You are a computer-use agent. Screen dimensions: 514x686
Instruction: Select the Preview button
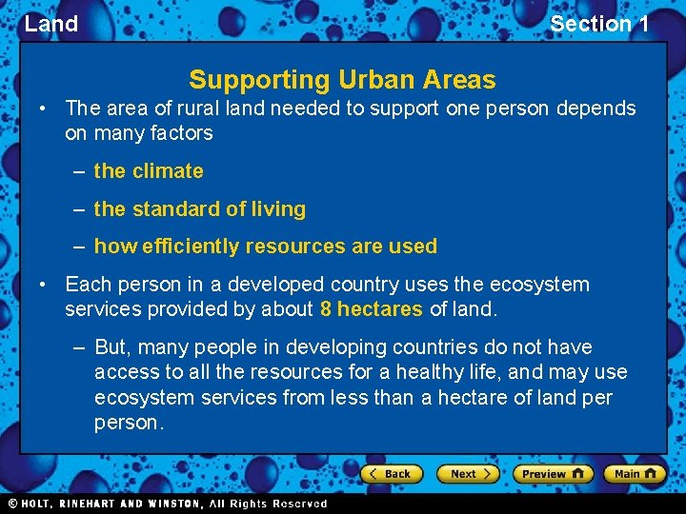[x=552, y=473]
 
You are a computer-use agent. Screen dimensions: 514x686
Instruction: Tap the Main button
[x=635, y=473]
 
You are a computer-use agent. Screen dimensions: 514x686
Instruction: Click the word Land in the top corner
[x=51, y=24]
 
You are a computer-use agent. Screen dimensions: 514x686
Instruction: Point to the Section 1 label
[x=599, y=24]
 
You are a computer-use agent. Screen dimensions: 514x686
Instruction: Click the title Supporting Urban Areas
[x=342, y=80]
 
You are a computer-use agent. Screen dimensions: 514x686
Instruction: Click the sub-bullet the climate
[x=149, y=171]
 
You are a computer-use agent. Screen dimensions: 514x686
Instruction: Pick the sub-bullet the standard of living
[x=200, y=208]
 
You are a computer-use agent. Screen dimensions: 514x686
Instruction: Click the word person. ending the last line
[x=129, y=422]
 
